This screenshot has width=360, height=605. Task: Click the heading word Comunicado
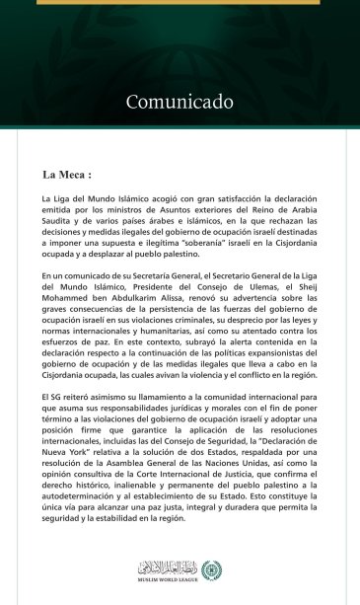pos(180,102)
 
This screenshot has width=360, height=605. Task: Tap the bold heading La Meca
pos(67,176)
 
